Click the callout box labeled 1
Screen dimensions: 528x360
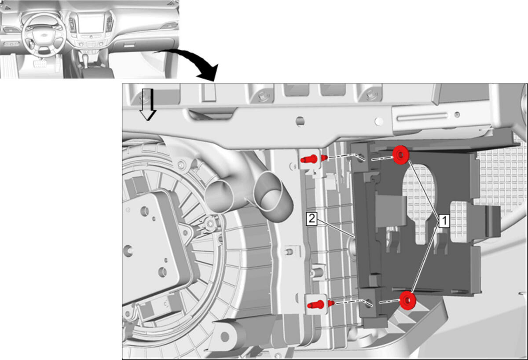point(444,221)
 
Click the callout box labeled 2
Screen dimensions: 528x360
point(312,219)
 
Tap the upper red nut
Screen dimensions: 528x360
point(400,155)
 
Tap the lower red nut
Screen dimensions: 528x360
point(407,300)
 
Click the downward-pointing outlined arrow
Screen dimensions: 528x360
point(148,104)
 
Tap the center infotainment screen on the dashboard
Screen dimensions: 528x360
point(91,23)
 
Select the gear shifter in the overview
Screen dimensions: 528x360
point(86,61)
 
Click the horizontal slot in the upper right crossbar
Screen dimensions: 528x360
point(422,117)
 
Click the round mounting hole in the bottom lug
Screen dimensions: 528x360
point(225,337)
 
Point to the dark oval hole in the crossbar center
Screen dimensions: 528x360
point(300,121)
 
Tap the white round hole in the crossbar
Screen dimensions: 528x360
point(379,121)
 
